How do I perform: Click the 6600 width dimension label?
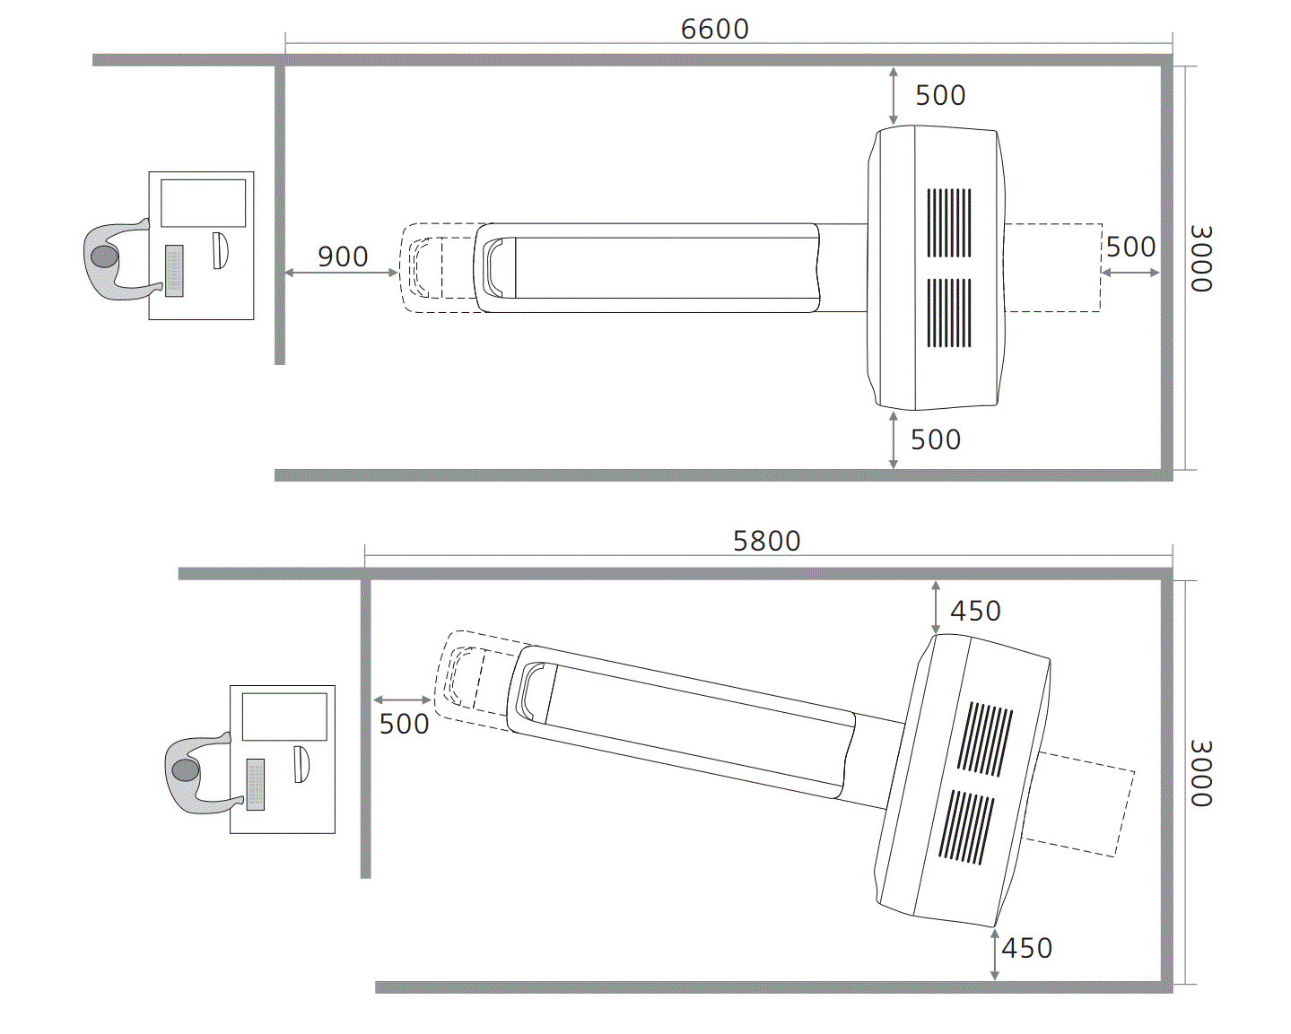tap(714, 29)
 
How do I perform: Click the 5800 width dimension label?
tap(767, 541)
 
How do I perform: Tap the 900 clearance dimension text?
tap(343, 256)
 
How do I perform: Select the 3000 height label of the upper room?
tap(1201, 258)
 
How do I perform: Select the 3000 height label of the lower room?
tap(1201, 773)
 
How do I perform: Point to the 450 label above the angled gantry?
tap(975, 612)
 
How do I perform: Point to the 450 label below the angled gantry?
tap(1027, 948)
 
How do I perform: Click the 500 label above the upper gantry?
tap(940, 95)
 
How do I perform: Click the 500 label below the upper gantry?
tap(936, 440)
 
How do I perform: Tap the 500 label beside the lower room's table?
tap(405, 725)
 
